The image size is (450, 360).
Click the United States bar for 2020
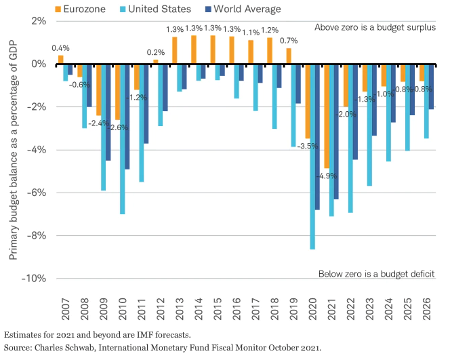(312, 156)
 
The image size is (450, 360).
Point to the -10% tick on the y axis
(36, 279)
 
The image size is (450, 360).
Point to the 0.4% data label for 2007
(61, 47)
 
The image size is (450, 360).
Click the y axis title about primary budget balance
(13, 150)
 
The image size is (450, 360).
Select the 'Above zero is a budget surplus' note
(375, 27)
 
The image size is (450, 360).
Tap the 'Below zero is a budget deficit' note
(376, 274)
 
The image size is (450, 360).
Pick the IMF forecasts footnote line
(96, 335)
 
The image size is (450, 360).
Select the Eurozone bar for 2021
(326, 116)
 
